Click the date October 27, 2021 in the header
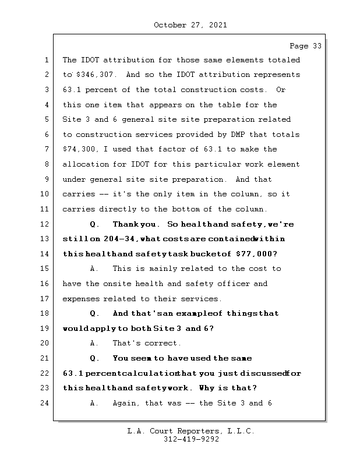(x=190, y=25)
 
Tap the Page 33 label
(x=305, y=45)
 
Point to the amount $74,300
(x=78, y=150)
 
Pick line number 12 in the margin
(x=45, y=224)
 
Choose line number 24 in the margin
(x=45, y=403)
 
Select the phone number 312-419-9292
(x=190, y=440)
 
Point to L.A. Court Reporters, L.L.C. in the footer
(x=190, y=431)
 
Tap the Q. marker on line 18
(x=95, y=313)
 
